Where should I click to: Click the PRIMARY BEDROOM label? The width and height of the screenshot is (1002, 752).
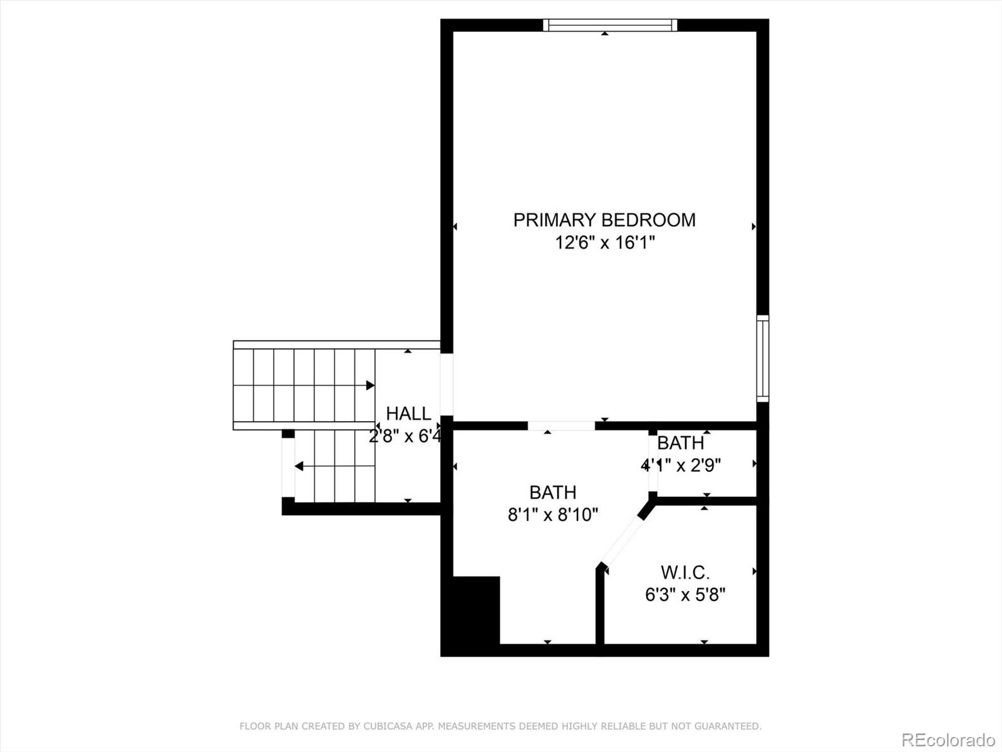coord(604,220)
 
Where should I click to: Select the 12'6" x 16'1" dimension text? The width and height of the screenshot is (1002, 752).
coord(604,243)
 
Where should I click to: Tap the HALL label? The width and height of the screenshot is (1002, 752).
coord(408,414)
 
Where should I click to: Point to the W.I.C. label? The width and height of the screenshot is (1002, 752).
coord(684,572)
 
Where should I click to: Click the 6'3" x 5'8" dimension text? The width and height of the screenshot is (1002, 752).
coord(684,595)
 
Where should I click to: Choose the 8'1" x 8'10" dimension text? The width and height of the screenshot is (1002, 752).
coord(553,515)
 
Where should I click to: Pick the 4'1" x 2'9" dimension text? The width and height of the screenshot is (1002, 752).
coord(681,465)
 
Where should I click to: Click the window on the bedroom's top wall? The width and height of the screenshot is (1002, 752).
coord(610,25)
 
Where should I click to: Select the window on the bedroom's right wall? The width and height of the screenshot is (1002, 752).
coord(763,359)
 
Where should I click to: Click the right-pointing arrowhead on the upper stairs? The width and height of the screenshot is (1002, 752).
coord(370,385)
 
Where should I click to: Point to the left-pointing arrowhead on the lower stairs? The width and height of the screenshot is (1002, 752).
coord(299,466)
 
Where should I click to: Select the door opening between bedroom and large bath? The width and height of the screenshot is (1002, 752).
coord(561,426)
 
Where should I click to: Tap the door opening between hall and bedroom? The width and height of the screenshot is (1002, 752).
coord(447,384)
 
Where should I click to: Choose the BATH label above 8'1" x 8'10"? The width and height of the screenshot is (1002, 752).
coord(553,493)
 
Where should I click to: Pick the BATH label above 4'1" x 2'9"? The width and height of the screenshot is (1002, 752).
coord(681,443)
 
